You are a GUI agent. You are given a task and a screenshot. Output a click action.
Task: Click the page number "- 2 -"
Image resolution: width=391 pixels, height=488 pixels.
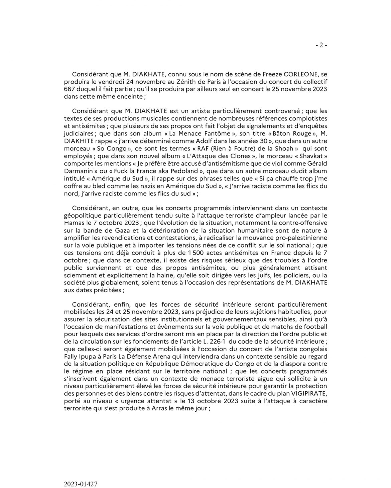[321, 46]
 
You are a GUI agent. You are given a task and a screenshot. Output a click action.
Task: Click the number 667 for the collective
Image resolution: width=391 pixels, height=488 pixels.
[69, 89]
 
